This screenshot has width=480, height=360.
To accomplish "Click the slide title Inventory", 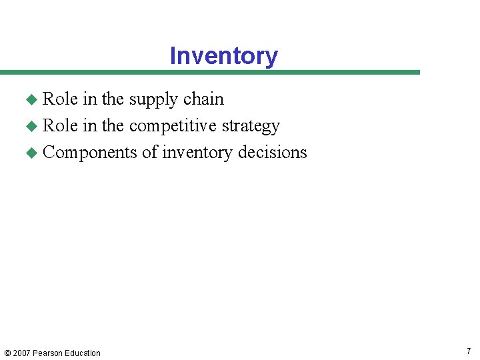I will (223, 56).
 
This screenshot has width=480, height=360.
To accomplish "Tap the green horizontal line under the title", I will (210, 72).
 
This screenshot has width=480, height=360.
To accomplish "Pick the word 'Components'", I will (90, 153).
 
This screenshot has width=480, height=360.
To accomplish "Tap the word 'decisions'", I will (273, 152).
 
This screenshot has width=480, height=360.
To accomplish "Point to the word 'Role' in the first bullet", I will (60, 99).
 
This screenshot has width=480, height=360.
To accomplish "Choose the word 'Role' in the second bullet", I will (60, 125).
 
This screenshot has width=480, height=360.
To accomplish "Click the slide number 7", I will (469, 351).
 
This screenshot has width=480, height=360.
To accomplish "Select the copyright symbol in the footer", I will (7, 353).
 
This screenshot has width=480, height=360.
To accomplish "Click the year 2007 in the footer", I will (21, 353).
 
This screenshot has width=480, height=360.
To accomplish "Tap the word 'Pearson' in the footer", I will (49, 353).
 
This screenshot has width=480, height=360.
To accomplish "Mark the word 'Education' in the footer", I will (83, 353).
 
